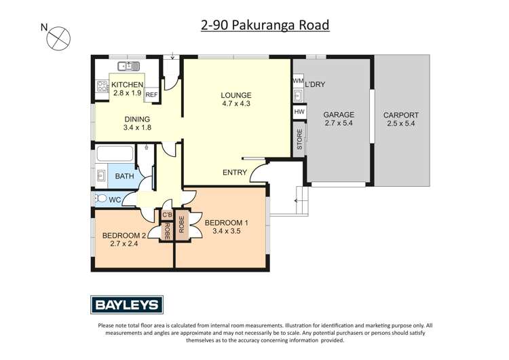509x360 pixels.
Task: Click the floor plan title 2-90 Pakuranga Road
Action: click(x=265, y=25)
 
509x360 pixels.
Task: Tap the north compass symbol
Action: click(x=57, y=37)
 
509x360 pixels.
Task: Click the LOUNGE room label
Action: click(x=236, y=94)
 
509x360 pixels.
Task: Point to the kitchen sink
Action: click(x=128, y=66)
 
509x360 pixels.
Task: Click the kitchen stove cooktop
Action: click(x=102, y=86)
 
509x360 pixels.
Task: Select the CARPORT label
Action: click(x=400, y=115)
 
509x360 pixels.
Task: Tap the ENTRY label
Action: click(x=235, y=173)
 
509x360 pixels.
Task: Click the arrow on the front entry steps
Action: click(x=297, y=200)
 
